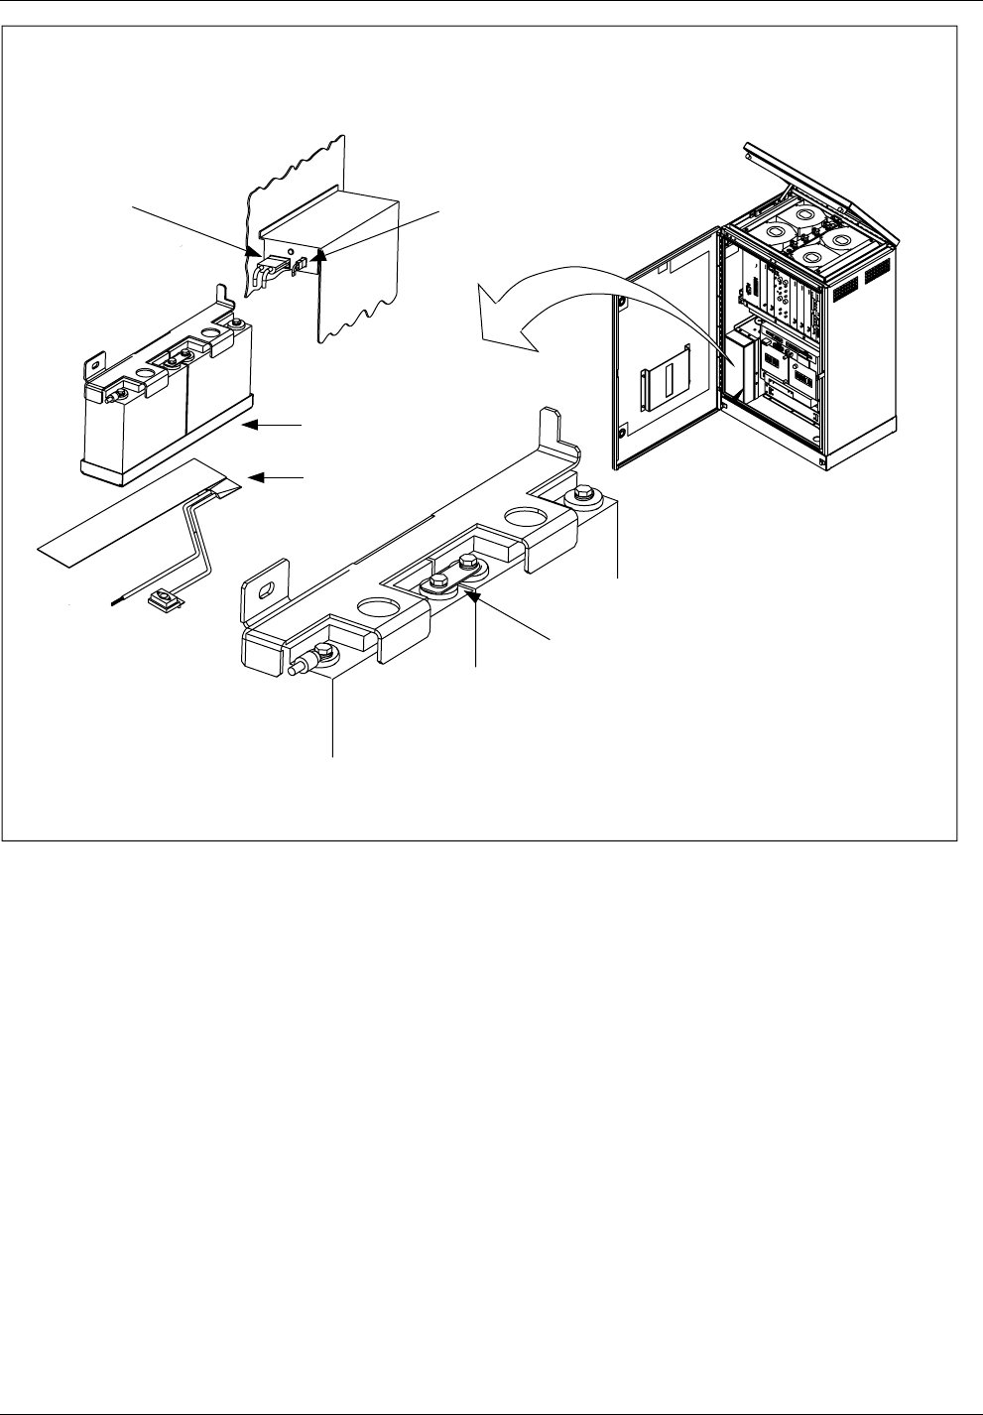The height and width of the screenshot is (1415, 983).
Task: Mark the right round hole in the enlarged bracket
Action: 520,518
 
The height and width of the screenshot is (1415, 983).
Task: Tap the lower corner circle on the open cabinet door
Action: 622,431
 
